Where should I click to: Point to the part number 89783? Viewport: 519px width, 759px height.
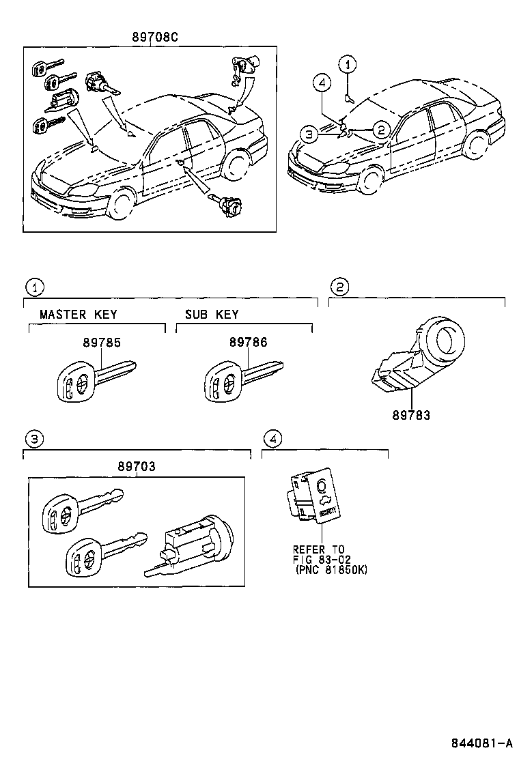point(411,414)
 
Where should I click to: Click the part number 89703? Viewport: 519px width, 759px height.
point(136,467)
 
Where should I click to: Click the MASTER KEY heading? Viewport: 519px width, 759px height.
point(79,315)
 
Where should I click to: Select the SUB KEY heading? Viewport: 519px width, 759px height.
point(212,315)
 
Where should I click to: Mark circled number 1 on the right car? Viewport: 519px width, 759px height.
point(349,66)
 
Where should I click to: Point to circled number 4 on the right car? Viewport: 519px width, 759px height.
point(324,84)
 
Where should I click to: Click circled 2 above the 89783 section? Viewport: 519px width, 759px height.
point(339,286)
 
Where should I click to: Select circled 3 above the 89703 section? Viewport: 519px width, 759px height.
point(33,438)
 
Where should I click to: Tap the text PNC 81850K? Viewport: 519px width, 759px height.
point(332,569)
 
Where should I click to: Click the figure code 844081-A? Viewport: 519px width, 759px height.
point(481,743)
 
